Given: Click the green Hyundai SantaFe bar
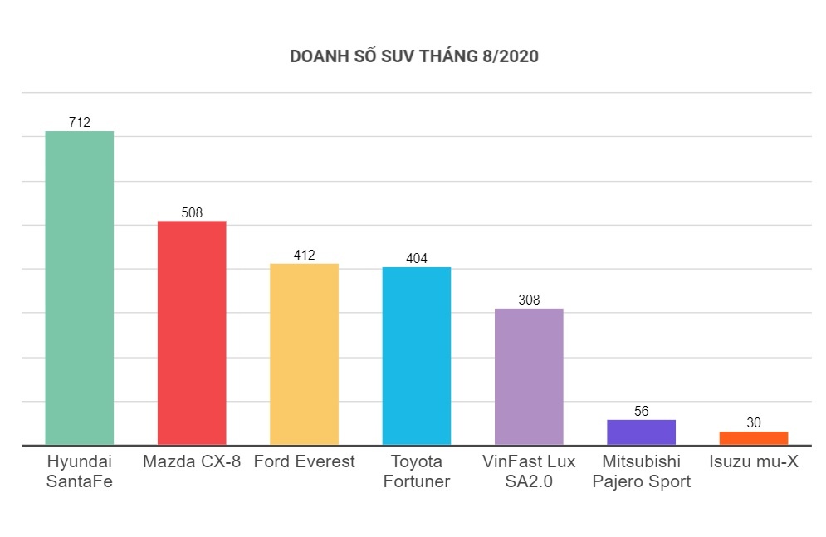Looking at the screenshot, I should click(79, 287).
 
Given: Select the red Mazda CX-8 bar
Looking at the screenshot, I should click(192, 332).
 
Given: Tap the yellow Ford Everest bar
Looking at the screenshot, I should click(304, 354).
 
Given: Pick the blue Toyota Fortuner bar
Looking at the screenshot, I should click(417, 355).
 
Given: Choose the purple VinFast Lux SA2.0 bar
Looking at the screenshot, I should click(529, 376).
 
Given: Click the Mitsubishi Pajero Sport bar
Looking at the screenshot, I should click(641, 432).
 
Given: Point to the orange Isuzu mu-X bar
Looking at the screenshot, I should click(754, 437).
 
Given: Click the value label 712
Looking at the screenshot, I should click(79, 123).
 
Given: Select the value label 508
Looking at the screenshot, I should click(192, 212).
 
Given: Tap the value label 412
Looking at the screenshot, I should click(304, 255).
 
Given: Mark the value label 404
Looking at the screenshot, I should click(417, 258).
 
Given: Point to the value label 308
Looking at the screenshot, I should click(529, 300).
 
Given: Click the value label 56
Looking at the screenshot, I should click(641, 411).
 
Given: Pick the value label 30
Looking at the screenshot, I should click(754, 422).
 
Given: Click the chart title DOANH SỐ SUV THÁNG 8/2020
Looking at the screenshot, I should click(413, 56).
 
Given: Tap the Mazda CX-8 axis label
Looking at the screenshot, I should click(192, 461).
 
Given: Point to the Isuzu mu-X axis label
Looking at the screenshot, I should click(754, 461).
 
